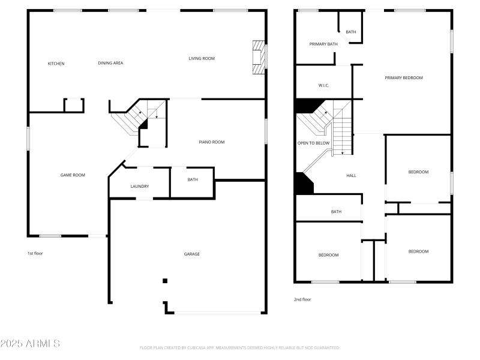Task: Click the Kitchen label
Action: (56, 64)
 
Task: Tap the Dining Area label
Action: (110, 63)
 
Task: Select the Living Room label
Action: (202, 58)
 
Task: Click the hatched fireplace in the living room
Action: (258, 57)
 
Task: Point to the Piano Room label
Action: (211, 142)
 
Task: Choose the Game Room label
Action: (73, 175)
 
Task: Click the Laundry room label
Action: (140, 187)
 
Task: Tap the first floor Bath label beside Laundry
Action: (193, 179)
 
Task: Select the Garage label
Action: (192, 254)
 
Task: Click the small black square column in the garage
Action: (165, 281)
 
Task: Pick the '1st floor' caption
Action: (35, 253)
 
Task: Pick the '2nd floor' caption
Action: (302, 299)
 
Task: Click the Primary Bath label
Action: (323, 44)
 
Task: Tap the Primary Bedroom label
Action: (404, 77)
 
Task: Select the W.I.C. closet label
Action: (323, 85)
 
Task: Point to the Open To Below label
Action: (313, 143)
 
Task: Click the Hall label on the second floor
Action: (351, 176)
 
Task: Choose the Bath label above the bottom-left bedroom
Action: (336, 211)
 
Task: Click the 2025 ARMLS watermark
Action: (30, 344)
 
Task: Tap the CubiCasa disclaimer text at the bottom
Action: (240, 347)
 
